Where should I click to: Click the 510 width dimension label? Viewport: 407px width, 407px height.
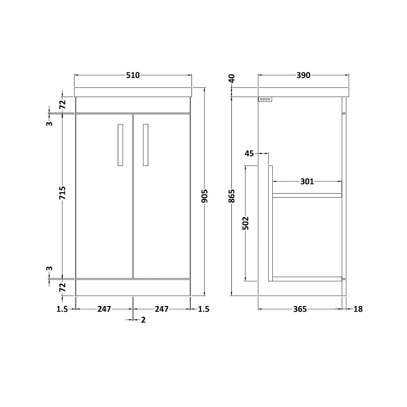click(133, 75)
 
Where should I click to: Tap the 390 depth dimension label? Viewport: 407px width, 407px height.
click(304, 75)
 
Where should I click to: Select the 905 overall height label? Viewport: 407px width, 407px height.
click(205, 196)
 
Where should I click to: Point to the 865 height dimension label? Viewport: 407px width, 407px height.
click(232, 196)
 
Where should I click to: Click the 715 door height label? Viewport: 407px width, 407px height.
click(62, 193)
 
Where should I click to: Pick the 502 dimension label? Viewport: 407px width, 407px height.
click(246, 223)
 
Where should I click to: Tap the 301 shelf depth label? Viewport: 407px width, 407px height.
click(307, 181)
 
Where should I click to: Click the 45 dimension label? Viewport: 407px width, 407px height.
click(249, 154)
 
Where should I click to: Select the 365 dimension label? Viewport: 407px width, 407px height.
click(300, 309)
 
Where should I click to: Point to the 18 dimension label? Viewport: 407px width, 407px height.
click(358, 309)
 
